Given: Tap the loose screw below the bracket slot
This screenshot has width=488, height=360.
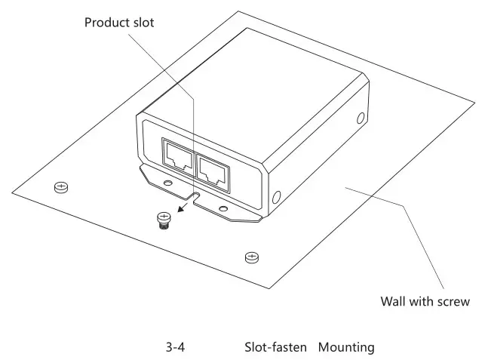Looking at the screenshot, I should pos(161,220).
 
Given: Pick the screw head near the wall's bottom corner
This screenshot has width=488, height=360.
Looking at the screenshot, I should pos(251,257).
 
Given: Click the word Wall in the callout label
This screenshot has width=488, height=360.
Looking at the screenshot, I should pos(393,302).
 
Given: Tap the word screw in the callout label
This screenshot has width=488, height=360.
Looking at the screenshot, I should pos(454,302).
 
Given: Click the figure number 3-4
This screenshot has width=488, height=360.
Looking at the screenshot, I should pos(176,348).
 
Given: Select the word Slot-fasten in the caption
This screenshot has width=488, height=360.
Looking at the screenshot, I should pos(275,348).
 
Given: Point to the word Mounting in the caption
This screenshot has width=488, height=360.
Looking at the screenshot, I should pos(346,348).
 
